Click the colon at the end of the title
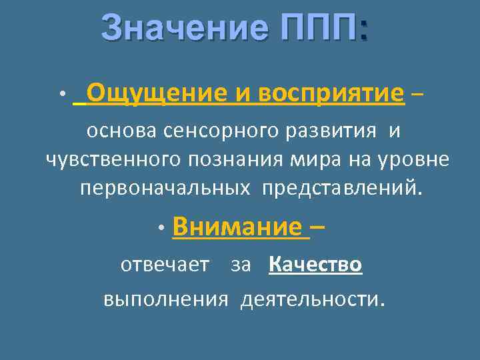(x=363, y=30)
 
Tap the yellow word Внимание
(x=237, y=227)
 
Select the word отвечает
(x=165, y=265)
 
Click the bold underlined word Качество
(x=315, y=265)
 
